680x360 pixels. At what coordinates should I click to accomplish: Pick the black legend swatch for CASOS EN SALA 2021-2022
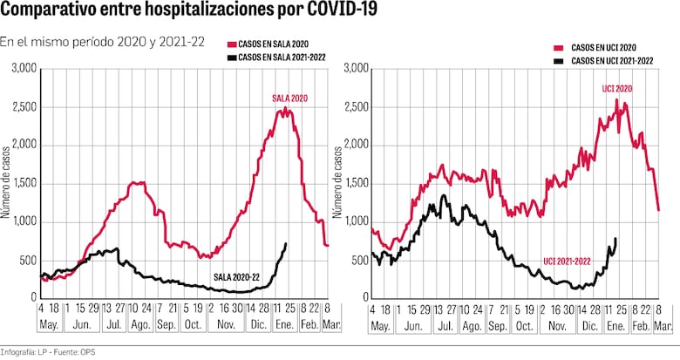pos(232,57)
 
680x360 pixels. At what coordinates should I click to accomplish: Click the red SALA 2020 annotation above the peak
pos(288,98)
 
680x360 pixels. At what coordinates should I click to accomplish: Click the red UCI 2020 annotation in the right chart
pos(617,89)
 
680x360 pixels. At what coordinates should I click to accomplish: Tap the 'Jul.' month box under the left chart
pos(111,326)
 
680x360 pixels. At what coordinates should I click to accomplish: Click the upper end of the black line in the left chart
pos(286,243)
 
